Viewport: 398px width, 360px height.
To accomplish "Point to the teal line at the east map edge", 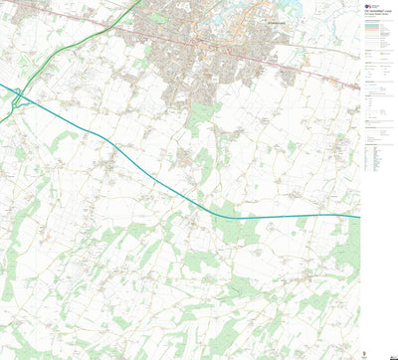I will click(358, 216).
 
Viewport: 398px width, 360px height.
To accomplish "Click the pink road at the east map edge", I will click(358, 89).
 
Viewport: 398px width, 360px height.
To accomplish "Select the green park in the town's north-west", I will click(159, 18).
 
